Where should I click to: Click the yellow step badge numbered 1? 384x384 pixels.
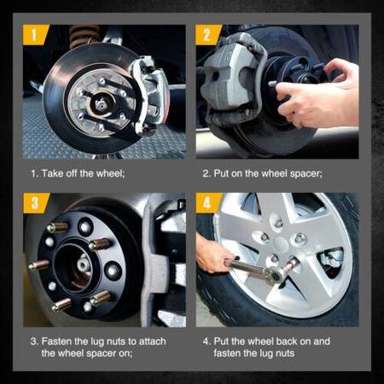tap(35, 35)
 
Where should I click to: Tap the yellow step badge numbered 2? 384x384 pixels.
tap(208, 35)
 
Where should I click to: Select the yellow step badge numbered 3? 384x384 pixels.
tap(36, 203)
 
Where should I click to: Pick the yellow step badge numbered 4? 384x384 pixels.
tap(208, 203)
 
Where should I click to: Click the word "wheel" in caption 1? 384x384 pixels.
tap(109, 173)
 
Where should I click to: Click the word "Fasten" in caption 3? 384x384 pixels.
tap(56, 341)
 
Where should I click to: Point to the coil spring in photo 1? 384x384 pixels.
tap(84, 36)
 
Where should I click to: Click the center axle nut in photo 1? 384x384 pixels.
tap(101, 104)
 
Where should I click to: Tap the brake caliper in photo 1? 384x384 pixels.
tap(150, 92)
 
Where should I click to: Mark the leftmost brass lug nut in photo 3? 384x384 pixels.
tap(39, 265)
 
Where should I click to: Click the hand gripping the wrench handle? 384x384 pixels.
tap(212, 253)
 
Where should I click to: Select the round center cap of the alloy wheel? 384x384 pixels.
tap(281, 244)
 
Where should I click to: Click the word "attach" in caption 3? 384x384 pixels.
tap(152, 341)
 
